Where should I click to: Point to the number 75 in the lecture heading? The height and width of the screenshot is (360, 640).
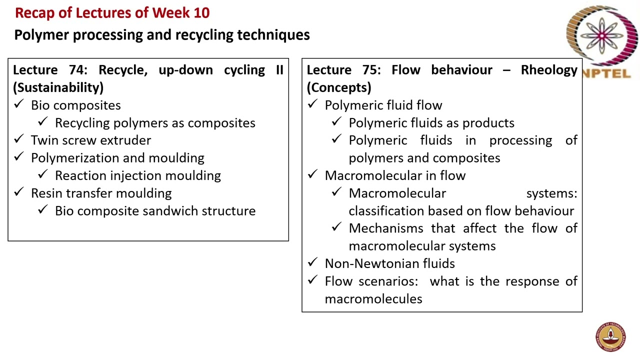[370, 70]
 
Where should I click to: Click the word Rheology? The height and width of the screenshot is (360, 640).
[549, 70]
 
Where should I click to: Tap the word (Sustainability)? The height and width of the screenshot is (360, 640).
[58, 87]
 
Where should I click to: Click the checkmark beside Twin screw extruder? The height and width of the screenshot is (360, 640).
[19, 139]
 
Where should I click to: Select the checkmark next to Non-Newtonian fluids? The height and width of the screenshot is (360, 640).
[313, 262]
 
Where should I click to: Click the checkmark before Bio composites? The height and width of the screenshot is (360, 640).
[19, 104]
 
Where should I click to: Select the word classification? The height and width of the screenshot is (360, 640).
[386, 211]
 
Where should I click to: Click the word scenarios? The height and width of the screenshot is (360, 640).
[387, 281]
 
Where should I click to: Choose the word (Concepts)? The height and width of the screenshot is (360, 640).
[339, 87]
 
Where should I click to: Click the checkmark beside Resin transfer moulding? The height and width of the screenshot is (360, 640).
[19, 192]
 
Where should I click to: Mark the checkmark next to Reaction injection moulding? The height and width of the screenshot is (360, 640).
[43, 174]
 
